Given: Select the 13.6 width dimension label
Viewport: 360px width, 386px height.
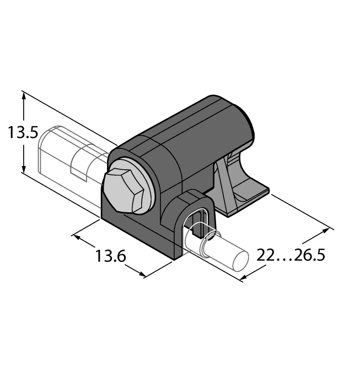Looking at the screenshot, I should coord(111,256).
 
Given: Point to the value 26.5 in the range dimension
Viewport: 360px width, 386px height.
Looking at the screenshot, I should coord(309,256).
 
